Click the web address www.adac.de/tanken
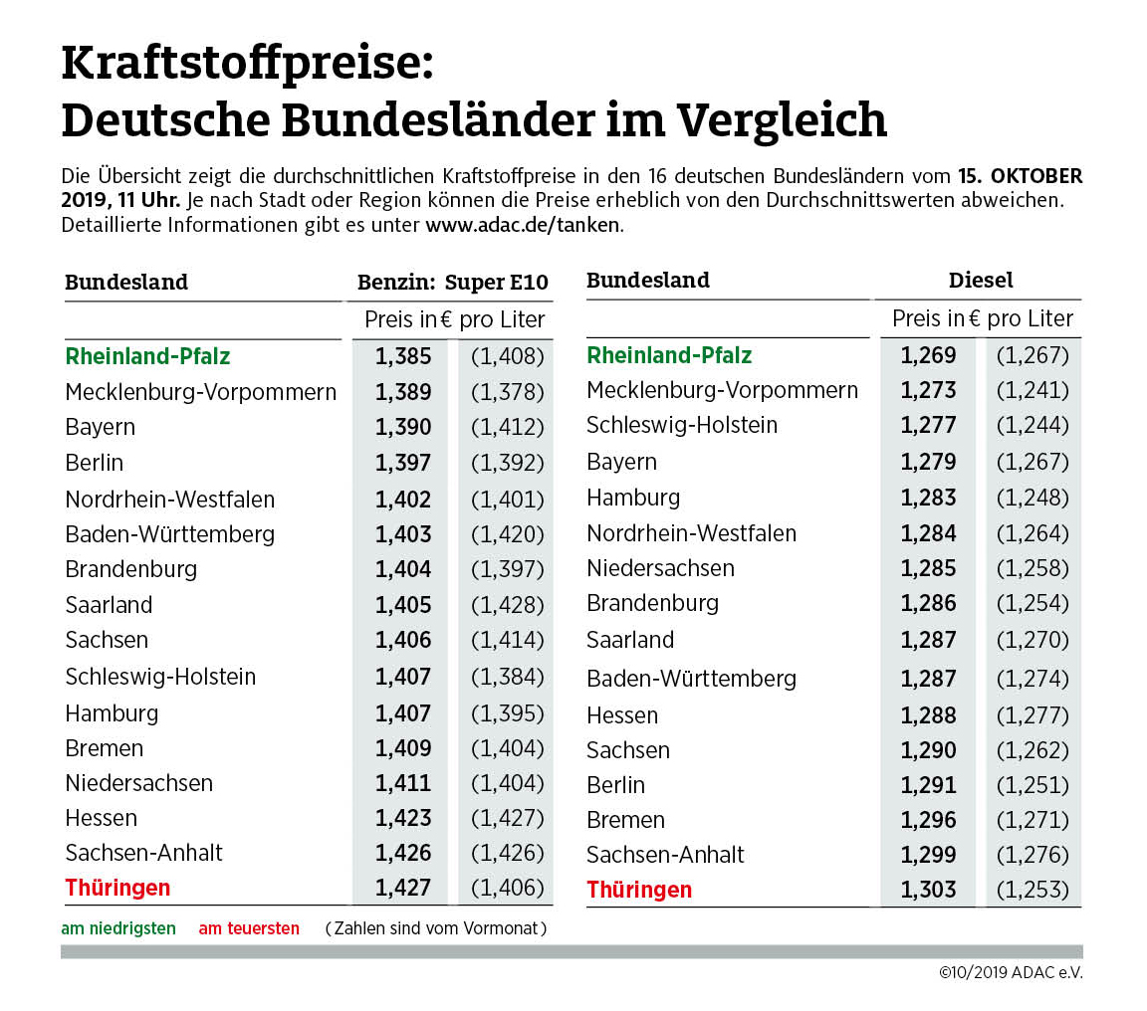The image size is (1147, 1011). pos(523,224)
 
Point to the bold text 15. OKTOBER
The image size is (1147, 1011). pos(1020,176)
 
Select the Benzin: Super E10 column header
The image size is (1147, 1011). pos(452,282)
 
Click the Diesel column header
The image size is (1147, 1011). pos(981,280)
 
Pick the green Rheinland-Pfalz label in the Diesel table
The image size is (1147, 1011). pos(669,355)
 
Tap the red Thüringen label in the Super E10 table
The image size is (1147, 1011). pos(117,888)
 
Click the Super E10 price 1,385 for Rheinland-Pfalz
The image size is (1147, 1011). pos(403,356)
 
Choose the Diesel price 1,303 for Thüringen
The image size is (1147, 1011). pos(928,890)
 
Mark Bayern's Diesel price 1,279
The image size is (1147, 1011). pos(928,462)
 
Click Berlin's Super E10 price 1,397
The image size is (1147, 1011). pos(403,463)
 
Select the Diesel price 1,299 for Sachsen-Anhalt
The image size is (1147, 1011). pos(928,855)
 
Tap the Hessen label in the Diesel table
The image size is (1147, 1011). pos(622,715)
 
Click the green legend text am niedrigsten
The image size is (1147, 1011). pos(118,928)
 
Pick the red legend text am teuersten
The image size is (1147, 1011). pos(249,928)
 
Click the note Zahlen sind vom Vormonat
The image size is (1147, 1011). pos(436,928)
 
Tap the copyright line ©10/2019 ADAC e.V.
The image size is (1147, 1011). pos(1010,972)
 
